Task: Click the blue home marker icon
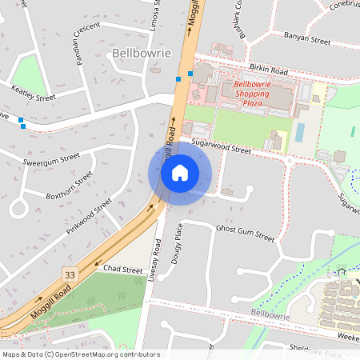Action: point(180,173)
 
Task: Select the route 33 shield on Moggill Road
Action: point(70,274)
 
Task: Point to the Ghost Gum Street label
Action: point(245,234)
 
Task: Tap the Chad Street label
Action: point(122,270)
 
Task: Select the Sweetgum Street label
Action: point(51,160)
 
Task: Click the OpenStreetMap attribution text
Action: point(81,354)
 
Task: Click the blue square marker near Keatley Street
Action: point(22,126)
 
